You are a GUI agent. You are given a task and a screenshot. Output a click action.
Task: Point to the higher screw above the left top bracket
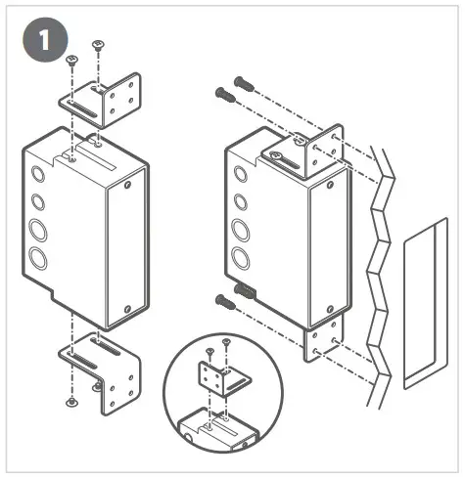pyautogui.click(x=97, y=45)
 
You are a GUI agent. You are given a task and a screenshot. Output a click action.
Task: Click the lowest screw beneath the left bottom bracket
pyautogui.click(x=70, y=402)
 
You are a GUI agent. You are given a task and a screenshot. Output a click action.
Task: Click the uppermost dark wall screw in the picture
pyautogui.click(x=243, y=84)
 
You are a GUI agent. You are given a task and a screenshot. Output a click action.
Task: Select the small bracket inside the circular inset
pyautogui.click(x=214, y=376)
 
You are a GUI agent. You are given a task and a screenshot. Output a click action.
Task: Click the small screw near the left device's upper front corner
pyautogui.click(x=126, y=181)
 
